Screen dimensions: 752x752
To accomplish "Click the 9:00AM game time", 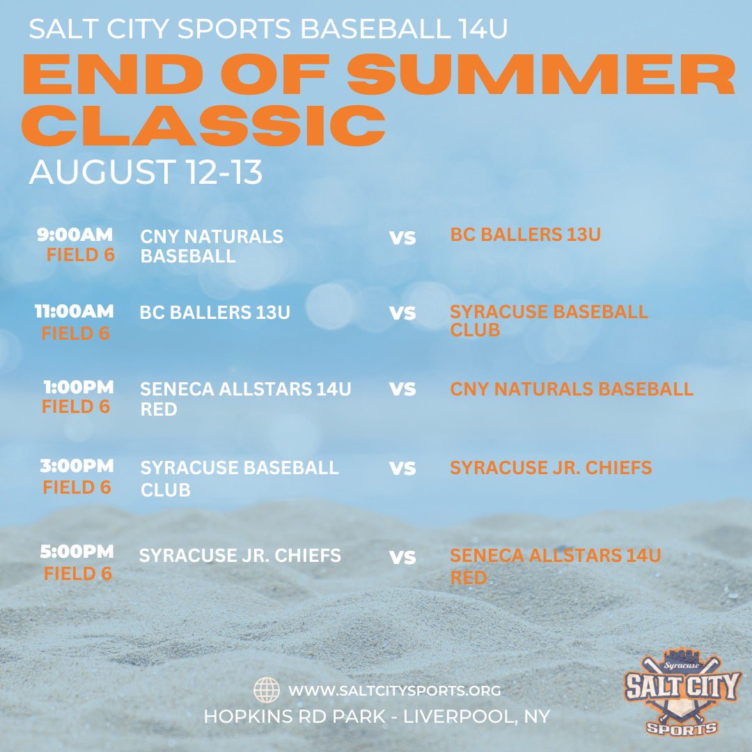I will tap(76, 235).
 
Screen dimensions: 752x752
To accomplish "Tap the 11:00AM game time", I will tap(75, 311).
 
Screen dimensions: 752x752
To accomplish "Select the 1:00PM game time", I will tap(76, 387).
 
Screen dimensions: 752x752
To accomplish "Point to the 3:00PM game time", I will tap(76, 466).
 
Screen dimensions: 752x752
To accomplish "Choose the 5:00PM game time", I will tap(76, 552).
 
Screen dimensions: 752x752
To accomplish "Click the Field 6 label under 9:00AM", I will tap(81, 256).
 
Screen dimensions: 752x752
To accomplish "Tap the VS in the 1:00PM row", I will tap(402, 389).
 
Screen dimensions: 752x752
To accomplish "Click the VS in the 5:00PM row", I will tap(402, 558).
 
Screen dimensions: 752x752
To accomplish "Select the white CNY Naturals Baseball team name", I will tap(212, 246).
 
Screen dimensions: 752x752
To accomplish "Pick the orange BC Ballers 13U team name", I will tap(526, 235).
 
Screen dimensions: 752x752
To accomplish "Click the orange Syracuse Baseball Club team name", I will tap(549, 320).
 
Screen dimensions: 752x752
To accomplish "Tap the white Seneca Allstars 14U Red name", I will tap(246, 398).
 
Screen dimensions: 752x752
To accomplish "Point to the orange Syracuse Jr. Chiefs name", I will tap(551, 467).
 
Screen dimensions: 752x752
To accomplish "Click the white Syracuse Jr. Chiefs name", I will tap(240, 556).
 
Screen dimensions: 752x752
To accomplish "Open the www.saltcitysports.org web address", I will tap(395, 691).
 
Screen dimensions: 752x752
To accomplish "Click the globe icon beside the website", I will tap(266, 691).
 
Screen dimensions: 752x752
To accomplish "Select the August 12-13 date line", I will tap(146, 172).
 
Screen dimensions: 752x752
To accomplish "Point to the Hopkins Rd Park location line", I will tap(377, 716).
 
